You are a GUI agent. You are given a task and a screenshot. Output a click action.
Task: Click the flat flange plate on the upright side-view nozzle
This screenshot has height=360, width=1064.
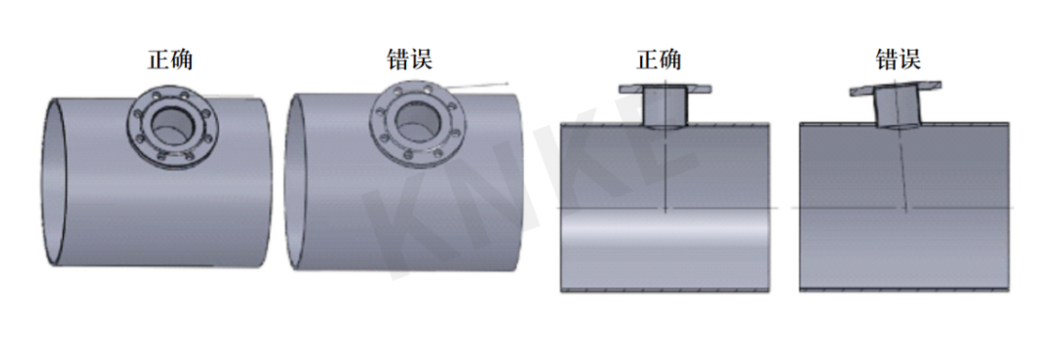pos(665,89)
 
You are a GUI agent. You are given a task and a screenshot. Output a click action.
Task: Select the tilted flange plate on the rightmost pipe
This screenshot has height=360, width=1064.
pos(896,90)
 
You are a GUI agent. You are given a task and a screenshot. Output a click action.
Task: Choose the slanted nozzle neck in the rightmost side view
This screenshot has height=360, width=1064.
pos(899,109)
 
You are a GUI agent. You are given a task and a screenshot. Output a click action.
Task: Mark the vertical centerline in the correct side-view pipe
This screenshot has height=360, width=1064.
pos(665,169)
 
